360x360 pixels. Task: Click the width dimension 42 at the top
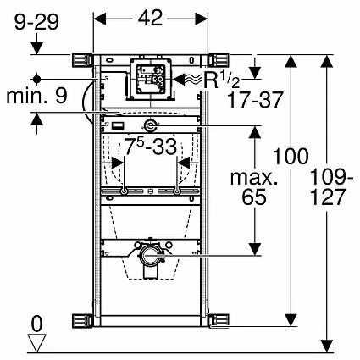tap(150, 18)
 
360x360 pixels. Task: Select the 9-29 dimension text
tap(36, 22)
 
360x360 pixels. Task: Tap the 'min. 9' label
tap(37, 97)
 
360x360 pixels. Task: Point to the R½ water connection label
tap(222, 80)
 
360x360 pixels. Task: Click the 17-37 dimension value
tap(255, 100)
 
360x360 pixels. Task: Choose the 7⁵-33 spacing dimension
tap(151, 147)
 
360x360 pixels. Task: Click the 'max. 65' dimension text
tap(254, 188)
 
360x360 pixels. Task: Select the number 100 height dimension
tap(291, 156)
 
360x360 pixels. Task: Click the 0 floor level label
tap(36, 324)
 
